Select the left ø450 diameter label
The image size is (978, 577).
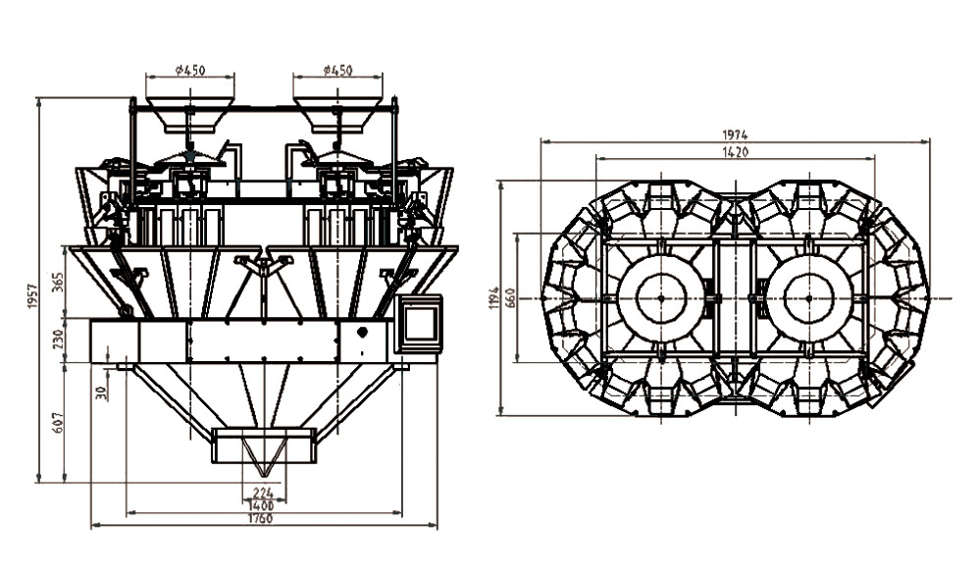(189, 70)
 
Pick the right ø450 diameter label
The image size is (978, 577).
(336, 70)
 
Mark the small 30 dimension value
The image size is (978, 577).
(100, 392)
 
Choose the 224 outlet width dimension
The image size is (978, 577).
(262, 493)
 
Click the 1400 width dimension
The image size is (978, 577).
(262, 505)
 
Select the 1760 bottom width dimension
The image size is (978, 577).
(260, 519)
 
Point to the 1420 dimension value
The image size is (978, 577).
(735, 152)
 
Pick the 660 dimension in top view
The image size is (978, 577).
(510, 297)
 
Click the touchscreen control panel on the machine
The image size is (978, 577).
(420, 323)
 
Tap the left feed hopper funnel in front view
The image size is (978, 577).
(189, 114)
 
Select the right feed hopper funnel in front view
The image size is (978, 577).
(336, 114)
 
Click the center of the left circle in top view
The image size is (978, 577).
(660, 297)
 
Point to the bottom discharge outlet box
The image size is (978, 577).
(264, 446)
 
